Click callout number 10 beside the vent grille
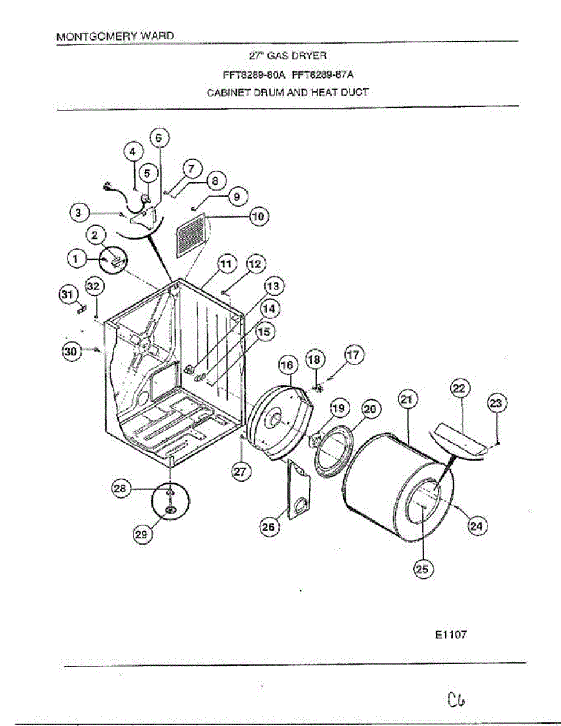259,217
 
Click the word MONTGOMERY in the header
91,36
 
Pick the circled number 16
288,365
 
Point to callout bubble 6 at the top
159,138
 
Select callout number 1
77,259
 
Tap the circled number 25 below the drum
422,568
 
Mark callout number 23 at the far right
496,404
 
